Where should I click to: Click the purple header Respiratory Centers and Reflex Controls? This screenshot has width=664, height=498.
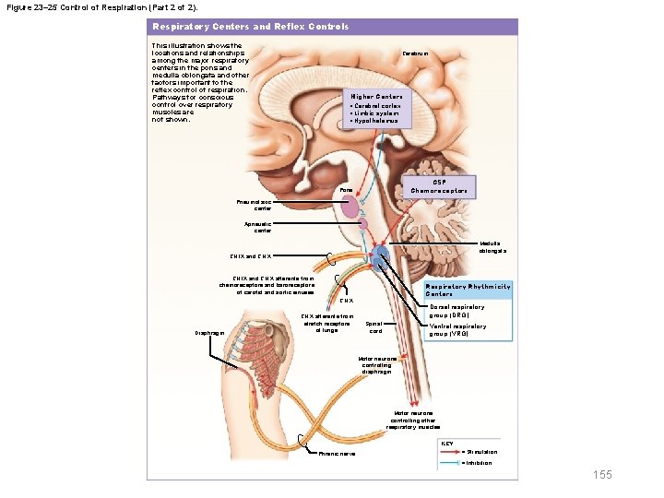pos(251,27)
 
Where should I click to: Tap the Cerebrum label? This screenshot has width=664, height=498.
pos(415,53)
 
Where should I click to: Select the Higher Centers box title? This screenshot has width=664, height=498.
pos(376,96)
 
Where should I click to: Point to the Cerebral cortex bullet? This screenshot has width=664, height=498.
pos(376,106)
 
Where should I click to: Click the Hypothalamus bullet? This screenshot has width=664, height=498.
pos(375,121)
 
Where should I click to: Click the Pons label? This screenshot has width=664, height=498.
pos(346,191)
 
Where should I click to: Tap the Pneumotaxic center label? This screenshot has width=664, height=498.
pos(256,206)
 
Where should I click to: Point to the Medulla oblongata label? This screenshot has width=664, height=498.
pos(492,247)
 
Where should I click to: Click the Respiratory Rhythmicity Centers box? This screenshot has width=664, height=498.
pos(466,290)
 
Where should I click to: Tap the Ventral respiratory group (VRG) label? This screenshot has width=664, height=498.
pos(457,329)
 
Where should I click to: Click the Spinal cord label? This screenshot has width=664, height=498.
pos(374,326)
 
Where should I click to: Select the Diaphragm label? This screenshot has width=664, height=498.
pos(208,334)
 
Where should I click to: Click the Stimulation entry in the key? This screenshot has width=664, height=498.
pos(481,452)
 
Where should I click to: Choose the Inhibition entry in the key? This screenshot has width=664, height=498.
pos(479,463)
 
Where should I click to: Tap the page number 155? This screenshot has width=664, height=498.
pos(602,475)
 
